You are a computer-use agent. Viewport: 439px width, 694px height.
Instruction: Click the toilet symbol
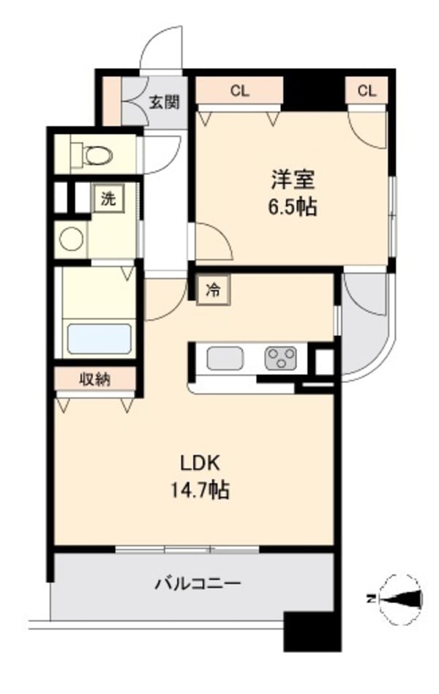point(91,154)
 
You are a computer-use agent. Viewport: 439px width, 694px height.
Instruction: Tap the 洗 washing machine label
point(108,198)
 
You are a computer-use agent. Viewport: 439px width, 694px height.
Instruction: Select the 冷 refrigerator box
point(212,290)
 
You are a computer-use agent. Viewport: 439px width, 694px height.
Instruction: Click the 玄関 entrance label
point(165,102)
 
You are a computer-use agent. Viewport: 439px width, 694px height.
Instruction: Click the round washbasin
point(72,239)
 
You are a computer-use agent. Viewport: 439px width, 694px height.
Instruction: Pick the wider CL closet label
point(239,92)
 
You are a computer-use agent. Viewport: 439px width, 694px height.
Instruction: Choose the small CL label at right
point(367,92)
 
